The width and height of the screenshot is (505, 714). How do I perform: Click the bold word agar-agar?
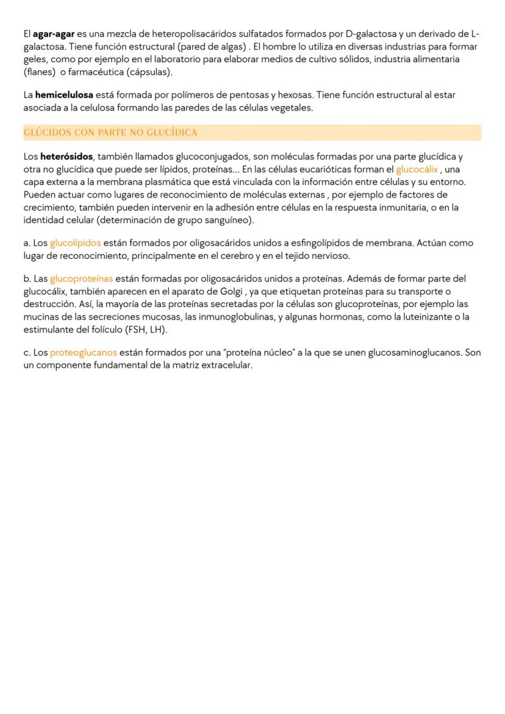(x=54, y=33)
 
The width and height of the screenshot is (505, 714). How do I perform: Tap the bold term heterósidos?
(x=66, y=157)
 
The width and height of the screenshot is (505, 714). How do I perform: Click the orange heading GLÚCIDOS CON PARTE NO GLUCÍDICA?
(x=110, y=132)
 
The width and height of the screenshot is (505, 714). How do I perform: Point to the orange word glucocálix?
(x=417, y=170)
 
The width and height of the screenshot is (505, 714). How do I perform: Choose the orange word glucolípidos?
(x=76, y=243)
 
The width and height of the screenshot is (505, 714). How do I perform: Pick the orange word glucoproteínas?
(x=81, y=279)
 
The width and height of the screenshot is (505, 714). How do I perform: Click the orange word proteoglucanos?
(x=84, y=353)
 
